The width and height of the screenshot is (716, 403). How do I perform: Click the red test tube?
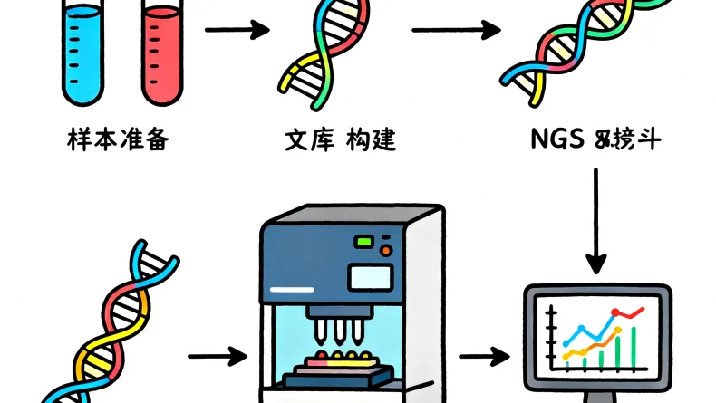point(163,54)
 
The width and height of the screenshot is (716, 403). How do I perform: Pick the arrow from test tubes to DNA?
point(237,32)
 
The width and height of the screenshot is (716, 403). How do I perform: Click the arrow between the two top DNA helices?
point(457,32)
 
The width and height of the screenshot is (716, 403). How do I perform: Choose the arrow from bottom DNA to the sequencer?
point(218,355)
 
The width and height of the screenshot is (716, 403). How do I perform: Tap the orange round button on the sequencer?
point(387,250)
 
